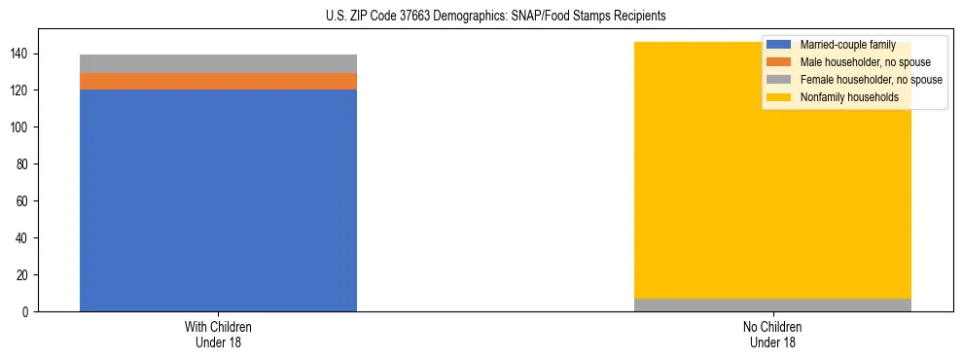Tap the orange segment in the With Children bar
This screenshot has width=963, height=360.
[218, 82]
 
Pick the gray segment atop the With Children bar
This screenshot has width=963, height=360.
[218, 63]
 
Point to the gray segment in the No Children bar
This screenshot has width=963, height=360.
[772, 305]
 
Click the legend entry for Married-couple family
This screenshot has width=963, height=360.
[846, 45]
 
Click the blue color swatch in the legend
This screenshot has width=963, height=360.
[779, 45]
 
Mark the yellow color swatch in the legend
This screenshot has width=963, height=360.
[779, 97]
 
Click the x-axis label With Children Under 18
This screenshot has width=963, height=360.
[218, 334]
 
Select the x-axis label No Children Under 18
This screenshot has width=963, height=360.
[772, 334]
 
